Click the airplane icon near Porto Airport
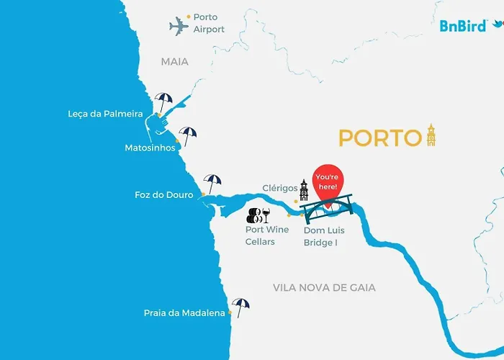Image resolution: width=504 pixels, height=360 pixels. (179, 27)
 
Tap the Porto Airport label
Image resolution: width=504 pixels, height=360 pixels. (209, 23)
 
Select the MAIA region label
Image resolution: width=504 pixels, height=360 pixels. (174, 62)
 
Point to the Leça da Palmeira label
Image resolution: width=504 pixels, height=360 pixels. (105, 114)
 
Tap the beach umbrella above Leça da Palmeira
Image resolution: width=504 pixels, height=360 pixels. (163, 101)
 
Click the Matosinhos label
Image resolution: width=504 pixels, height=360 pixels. (149, 148)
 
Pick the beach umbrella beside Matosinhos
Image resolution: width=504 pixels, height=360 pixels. (188, 135)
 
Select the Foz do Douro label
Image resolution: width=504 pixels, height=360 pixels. (164, 194)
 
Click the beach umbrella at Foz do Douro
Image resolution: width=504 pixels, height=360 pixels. (212, 183)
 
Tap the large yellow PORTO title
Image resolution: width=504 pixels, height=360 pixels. (379, 138)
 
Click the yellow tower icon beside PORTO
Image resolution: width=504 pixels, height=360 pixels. (431, 135)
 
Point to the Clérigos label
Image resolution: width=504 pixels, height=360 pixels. (280, 189)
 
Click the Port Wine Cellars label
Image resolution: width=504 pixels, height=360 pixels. (267, 235)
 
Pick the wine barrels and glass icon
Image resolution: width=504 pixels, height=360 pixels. (258, 215)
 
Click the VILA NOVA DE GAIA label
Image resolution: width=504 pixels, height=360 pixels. (324, 287)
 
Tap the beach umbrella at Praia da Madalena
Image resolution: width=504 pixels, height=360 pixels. (240, 307)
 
